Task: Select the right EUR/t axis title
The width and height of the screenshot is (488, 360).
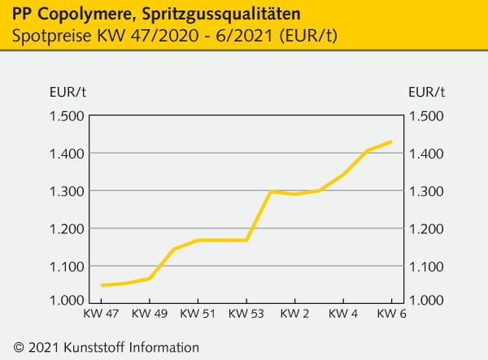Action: click(426, 91)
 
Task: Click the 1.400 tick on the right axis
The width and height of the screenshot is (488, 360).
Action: click(426, 154)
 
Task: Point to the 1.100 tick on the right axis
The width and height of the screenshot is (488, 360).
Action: click(426, 266)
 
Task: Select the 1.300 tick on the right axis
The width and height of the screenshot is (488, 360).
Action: click(426, 191)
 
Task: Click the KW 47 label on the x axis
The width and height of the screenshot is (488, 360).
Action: click(102, 314)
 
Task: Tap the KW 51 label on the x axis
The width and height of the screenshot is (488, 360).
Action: click(198, 314)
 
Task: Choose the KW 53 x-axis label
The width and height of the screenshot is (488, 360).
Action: click(246, 314)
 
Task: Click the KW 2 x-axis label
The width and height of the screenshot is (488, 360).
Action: click(294, 314)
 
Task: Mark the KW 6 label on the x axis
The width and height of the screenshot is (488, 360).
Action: click(392, 314)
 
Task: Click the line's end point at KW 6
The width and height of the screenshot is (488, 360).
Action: click(392, 141)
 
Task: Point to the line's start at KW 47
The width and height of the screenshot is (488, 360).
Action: click(102, 285)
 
